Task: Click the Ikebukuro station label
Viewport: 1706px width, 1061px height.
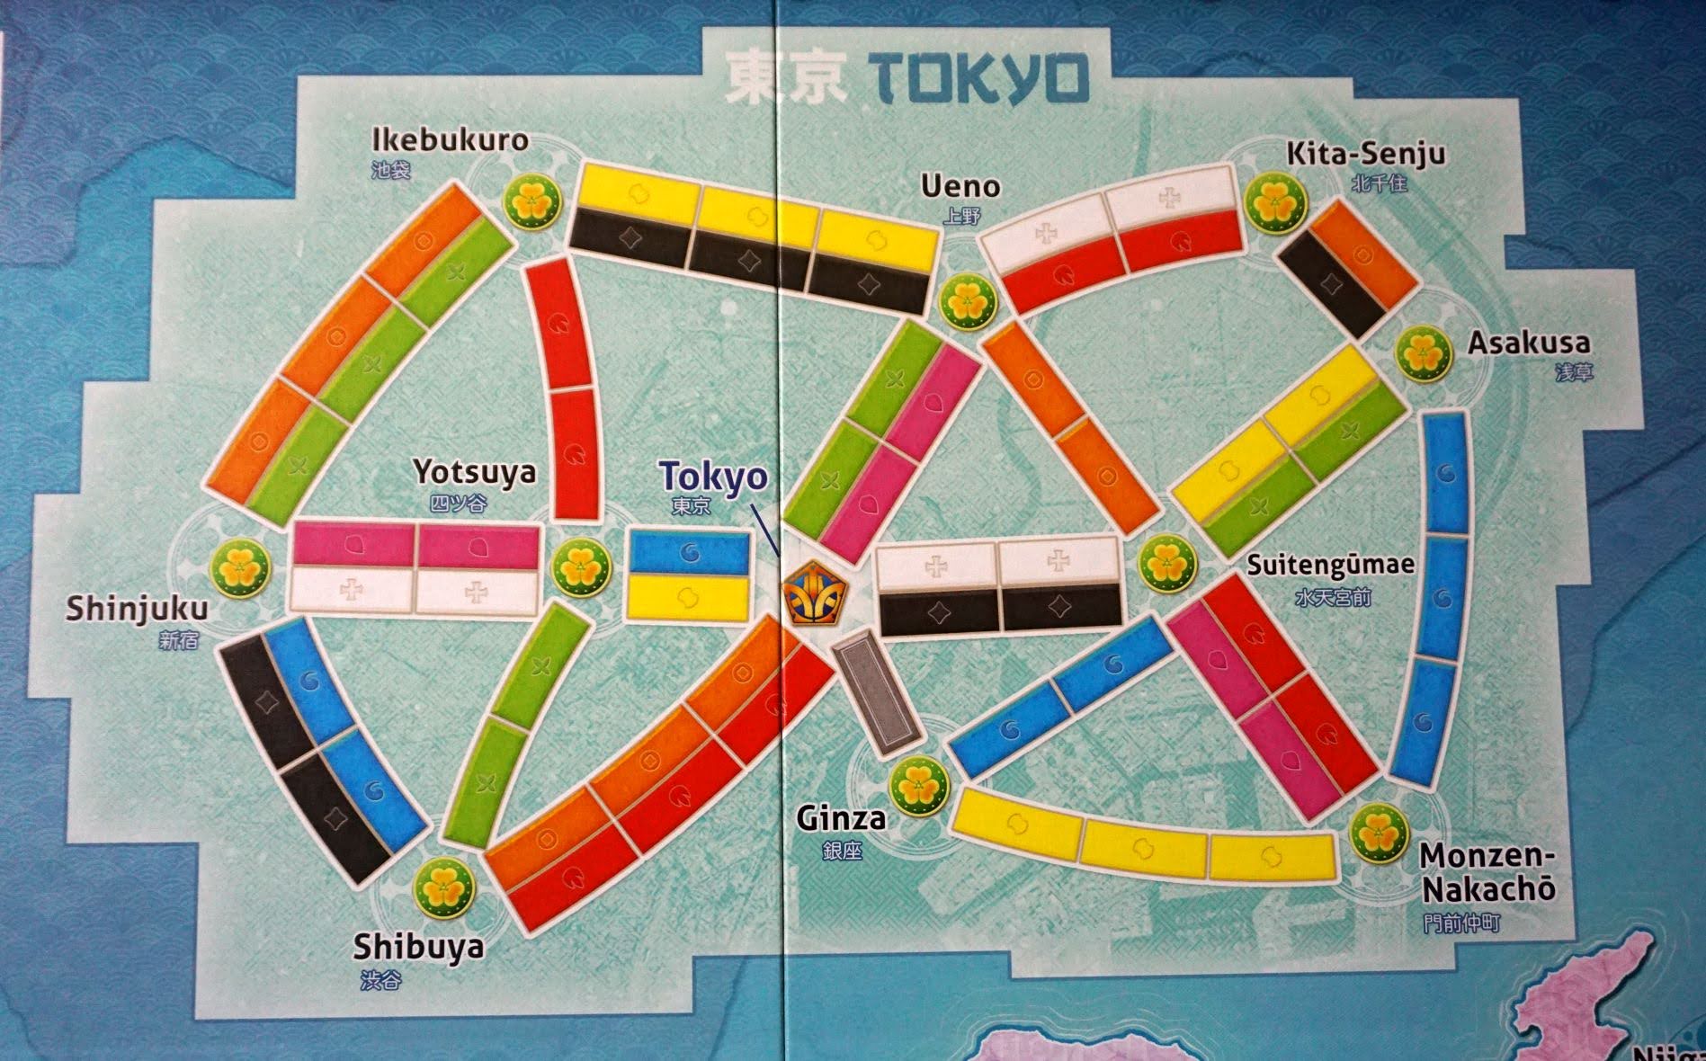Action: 450,141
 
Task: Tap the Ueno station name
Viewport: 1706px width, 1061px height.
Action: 960,187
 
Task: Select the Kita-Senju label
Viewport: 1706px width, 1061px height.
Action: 1365,154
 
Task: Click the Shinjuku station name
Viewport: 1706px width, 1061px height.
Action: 137,609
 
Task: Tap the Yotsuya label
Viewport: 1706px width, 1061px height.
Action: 474,472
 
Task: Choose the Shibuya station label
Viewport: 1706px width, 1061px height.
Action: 418,947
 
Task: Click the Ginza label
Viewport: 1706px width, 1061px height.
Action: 841,818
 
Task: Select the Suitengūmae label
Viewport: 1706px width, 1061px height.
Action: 1330,565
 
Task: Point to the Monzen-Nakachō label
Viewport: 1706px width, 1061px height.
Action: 1487,872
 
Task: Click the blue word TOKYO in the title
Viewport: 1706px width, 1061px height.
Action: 983,80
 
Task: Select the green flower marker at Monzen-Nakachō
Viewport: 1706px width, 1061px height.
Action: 1378,834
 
